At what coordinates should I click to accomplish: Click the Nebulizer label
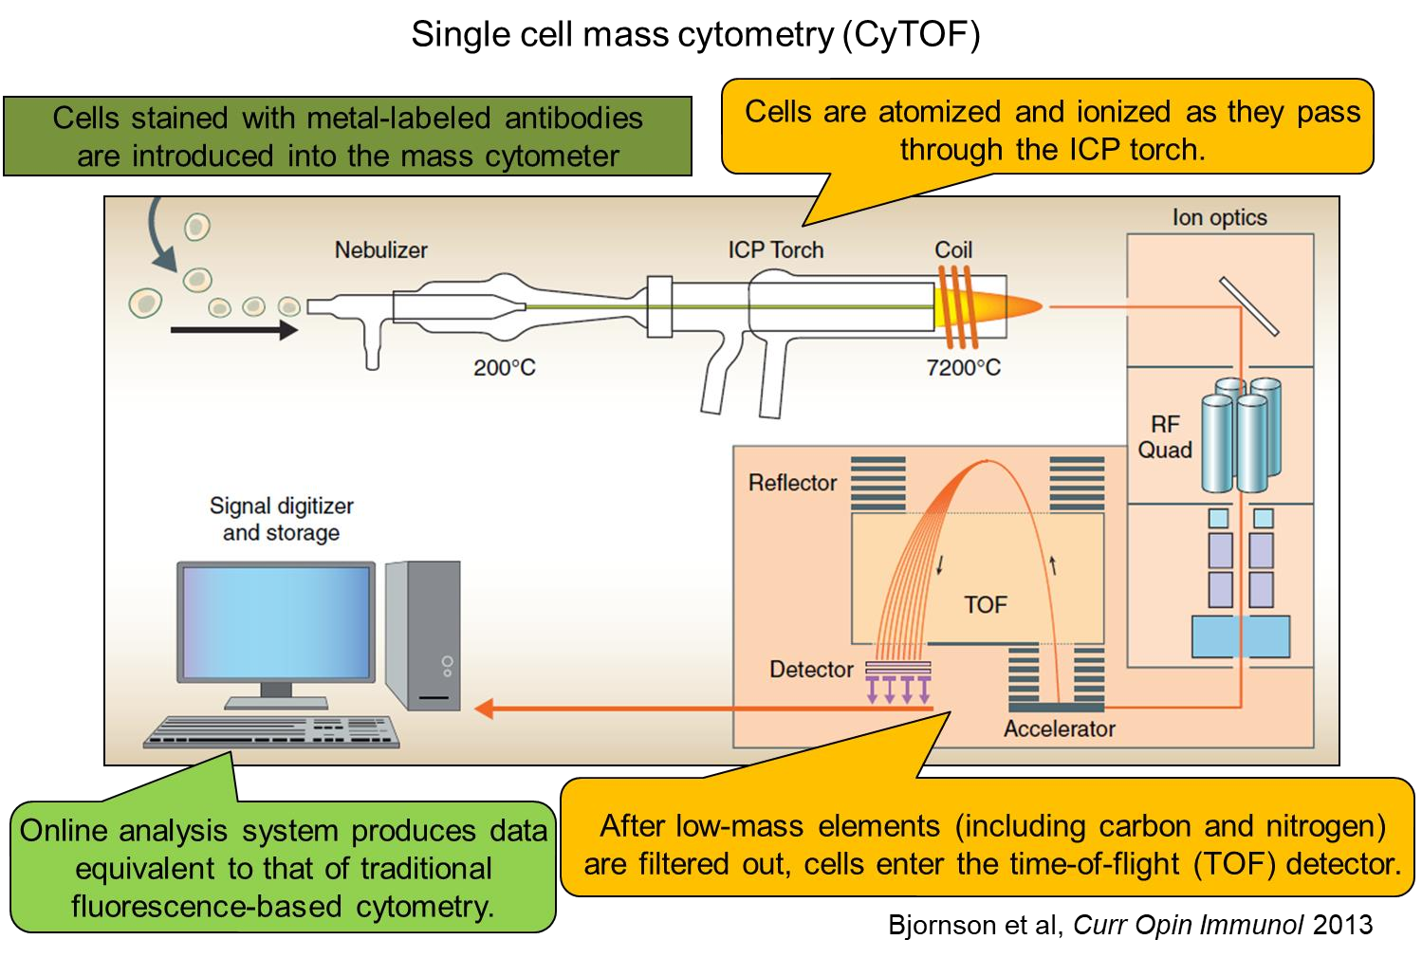380,250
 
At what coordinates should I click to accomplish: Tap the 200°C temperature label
504,368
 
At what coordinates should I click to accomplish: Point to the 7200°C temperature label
963,368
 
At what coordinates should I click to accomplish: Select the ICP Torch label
775,250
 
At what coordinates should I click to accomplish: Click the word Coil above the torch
953,250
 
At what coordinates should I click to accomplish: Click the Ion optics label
1219,218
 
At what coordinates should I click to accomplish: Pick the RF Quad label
1165,437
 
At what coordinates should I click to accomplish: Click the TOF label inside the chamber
985,605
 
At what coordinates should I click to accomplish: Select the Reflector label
792,483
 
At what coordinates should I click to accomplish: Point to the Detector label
811,670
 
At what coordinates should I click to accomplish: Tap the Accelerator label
1059,729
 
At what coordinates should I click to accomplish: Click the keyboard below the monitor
271,731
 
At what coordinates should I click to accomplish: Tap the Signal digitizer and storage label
281,519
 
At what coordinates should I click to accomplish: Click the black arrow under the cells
233,330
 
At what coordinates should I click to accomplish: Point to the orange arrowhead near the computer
485,708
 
